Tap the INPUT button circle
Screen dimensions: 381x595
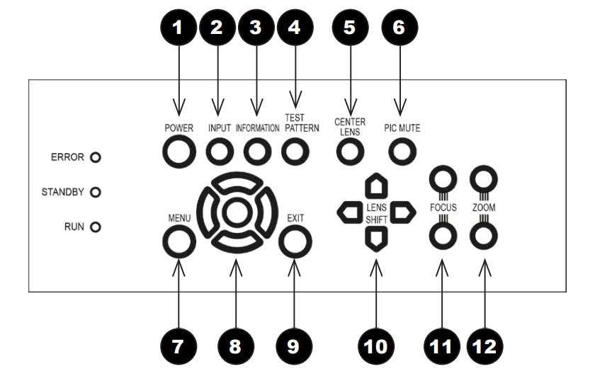point(219,151)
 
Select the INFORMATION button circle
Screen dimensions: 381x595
point(257,151)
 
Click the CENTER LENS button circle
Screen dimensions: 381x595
point(348,151)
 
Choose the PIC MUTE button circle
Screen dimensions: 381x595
point(402,151)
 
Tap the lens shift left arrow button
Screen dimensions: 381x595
point(349,211)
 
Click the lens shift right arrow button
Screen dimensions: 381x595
point(402,211)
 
